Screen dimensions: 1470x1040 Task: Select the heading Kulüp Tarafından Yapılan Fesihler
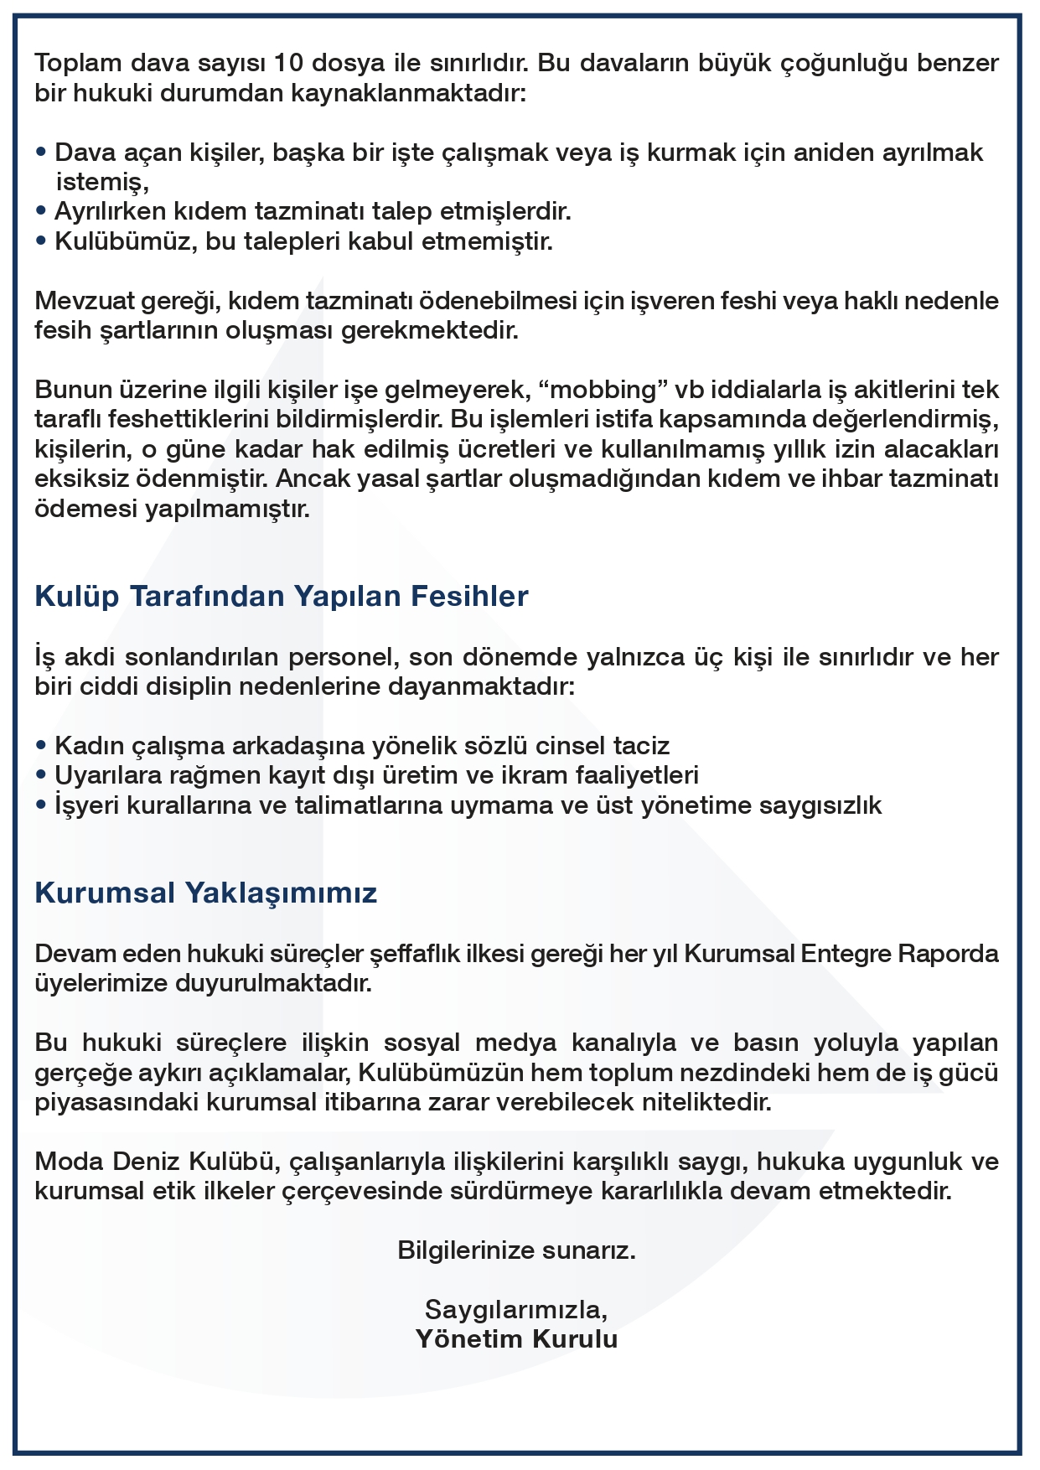tap(282, 596)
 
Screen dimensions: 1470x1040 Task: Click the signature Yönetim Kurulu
tap(516, 1338)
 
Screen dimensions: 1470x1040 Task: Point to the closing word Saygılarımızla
tap(516, 1309)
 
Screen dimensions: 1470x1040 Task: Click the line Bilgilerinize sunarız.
tap(516, 1250)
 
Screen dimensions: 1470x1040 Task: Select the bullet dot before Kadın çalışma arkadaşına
tap(41, 746)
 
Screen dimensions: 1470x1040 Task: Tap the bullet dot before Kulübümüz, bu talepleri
tap(41, 241)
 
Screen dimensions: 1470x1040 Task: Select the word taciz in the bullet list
tap(641, 745)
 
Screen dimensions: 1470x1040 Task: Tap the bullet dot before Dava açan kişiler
tap(41, 153)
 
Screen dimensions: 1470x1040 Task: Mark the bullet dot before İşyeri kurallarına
tap(41, 805)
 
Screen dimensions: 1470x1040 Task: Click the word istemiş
tap(101, 182)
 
